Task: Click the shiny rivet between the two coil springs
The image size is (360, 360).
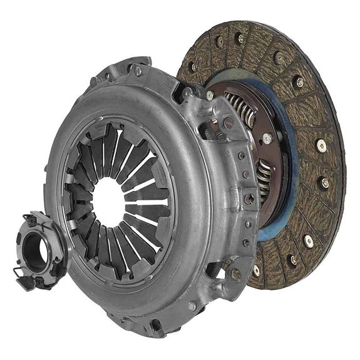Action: (268, 139)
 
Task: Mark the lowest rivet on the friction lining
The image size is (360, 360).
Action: (256, 271)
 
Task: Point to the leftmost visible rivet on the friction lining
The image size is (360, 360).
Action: (193, 66)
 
